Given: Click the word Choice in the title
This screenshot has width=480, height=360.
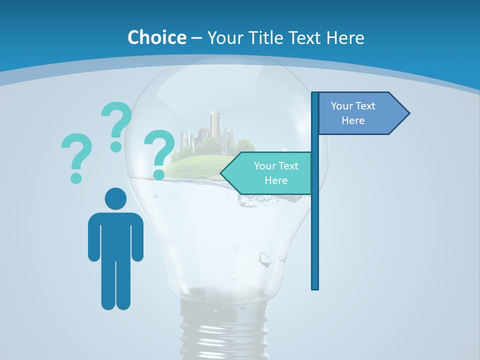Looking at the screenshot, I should pos(156,37).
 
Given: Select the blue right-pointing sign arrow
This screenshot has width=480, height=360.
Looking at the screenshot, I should pos(360,113).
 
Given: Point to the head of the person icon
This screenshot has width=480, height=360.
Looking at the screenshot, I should pos(115,198).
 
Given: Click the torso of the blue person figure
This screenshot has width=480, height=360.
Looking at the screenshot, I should pos(115,235).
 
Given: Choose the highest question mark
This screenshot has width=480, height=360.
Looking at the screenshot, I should pos(116,125).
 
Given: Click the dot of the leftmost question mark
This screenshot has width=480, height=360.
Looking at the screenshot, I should pos(76,178).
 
